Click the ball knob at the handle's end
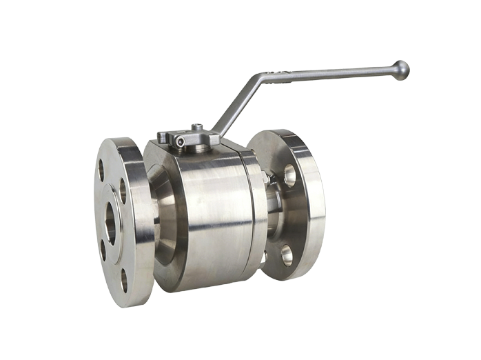400,70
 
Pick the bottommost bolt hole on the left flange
124,279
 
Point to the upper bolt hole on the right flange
289,175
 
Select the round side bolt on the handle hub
180,142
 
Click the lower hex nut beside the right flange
263,257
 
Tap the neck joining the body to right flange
274,214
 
